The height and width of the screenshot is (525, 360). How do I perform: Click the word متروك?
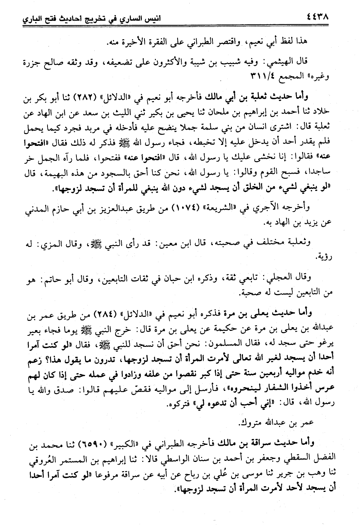pyautogui.click(x=249, y=423)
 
